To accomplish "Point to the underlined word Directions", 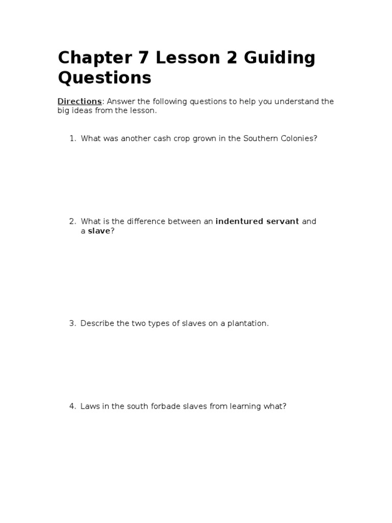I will tap(79, 101).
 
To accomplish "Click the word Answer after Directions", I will tap(120, 101).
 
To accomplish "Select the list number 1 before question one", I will tap(72, 138).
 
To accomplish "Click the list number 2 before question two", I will tap(72, 221).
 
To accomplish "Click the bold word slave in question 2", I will tap(99, 231).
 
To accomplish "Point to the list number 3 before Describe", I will tap(72, 323).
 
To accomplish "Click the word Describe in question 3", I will tap(97, 323).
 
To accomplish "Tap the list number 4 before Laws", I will tap(72, 407).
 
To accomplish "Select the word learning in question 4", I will tap(247, 407).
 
